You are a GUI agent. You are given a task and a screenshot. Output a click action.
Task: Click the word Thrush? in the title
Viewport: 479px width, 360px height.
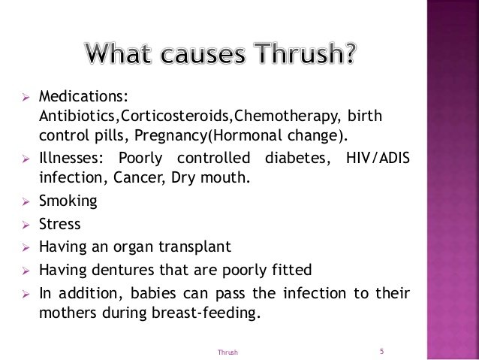point(305,53)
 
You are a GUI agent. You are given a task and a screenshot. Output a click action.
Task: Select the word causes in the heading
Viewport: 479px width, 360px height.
point(203,54)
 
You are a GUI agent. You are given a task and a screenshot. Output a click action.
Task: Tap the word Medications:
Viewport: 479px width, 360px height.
point(83,96)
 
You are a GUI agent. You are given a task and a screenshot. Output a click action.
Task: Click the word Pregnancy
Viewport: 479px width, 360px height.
point(170,136)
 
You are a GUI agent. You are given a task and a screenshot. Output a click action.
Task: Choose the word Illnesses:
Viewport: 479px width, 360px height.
point(71,158)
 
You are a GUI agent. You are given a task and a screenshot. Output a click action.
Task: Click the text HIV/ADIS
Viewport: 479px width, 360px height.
point(378,158)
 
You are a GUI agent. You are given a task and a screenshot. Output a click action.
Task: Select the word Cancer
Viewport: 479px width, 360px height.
point(140,177)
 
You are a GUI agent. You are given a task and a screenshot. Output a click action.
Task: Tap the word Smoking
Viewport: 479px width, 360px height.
point(68,201)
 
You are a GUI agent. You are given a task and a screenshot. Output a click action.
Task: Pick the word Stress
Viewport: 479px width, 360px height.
point(60,224)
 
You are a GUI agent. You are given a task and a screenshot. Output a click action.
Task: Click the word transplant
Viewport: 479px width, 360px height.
point(195,247)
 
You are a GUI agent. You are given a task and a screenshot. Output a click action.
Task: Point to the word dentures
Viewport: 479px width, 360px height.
point(123,270)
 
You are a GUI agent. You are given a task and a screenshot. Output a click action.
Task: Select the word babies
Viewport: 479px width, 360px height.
point(153,293)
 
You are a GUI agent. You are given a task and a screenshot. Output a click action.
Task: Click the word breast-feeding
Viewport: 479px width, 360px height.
point(206,313)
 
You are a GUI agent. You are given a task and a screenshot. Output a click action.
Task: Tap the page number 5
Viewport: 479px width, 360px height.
point(381,351)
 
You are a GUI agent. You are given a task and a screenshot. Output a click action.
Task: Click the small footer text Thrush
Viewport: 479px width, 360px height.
point(227,352)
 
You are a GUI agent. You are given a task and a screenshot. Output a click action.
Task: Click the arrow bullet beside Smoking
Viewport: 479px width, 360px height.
point(26,202)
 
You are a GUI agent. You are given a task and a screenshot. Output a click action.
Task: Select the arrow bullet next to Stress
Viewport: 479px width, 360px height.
point(26,225)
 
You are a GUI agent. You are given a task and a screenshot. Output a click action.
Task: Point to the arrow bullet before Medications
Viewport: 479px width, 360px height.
point(26,98)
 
